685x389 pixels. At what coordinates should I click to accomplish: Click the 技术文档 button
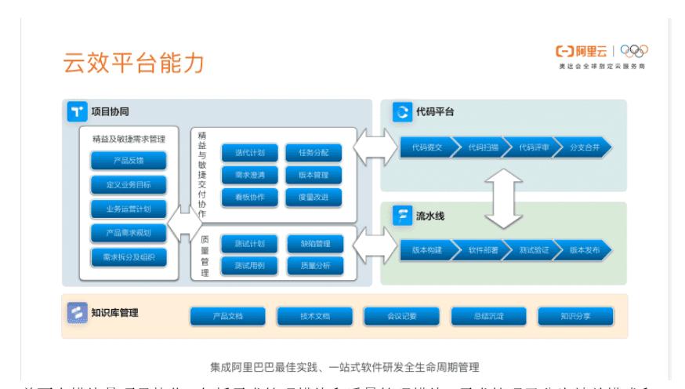[314, 316]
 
